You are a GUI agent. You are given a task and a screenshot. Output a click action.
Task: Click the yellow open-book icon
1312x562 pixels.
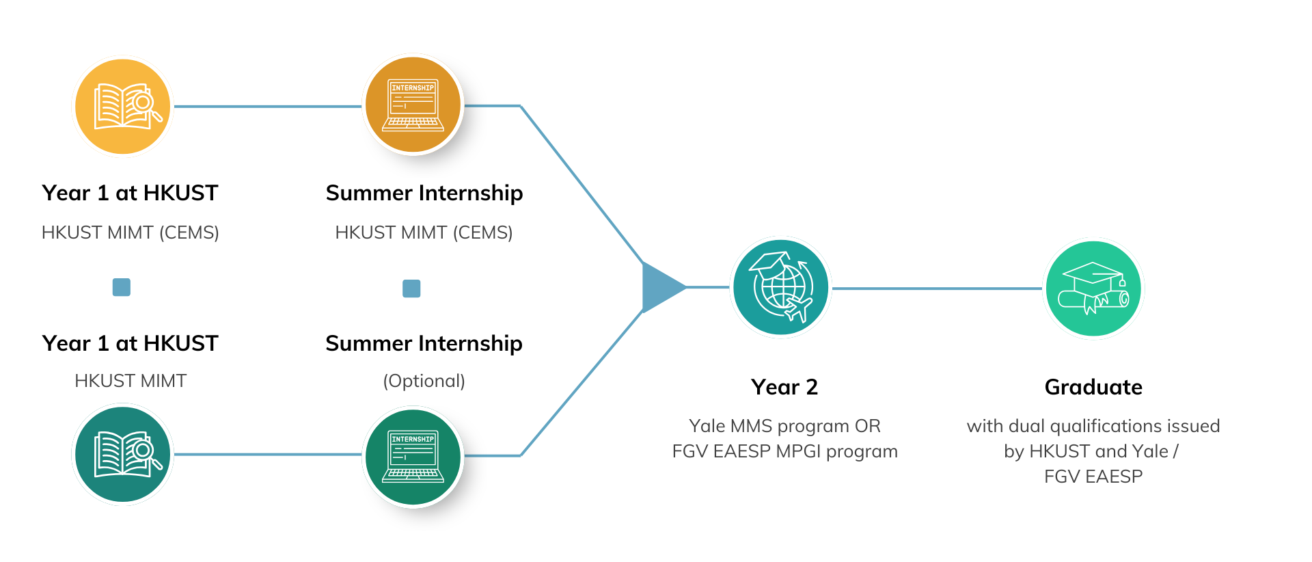(x=123, y=107)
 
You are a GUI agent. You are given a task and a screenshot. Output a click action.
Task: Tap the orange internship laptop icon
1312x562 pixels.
(x=413, y=105)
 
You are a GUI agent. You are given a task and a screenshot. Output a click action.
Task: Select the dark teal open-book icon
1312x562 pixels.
(x=123, y=454)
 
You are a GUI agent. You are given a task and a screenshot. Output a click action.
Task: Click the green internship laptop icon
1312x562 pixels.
(x=413, y=456)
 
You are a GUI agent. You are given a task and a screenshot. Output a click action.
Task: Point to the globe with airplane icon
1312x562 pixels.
(x=780, y=287)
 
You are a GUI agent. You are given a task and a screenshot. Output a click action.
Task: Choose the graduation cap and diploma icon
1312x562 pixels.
(x=1093, y=288)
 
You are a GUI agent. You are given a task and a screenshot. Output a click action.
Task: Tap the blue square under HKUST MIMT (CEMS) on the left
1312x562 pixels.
(x=122, y=287)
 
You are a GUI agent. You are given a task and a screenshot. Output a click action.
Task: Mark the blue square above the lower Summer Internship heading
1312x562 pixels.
(x=411, y=289)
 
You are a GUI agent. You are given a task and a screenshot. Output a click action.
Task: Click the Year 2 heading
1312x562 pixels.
(x=784, y=387)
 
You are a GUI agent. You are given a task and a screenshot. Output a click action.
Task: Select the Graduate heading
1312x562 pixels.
(x=1093, y=387)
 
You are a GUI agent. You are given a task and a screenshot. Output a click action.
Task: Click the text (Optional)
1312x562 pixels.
(x=424, y=381)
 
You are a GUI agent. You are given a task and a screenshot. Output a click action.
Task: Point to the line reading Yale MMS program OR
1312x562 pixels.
(x=784, y=426)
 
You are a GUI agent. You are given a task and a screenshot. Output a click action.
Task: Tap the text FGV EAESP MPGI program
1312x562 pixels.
(x=784, y=451)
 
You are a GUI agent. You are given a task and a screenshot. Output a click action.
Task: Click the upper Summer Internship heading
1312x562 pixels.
(x=424, y=193)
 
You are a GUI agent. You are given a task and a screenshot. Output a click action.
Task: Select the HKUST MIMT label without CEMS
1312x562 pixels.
(x=130, y=381)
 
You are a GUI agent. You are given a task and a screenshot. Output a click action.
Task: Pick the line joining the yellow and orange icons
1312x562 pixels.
(x=268, y=107)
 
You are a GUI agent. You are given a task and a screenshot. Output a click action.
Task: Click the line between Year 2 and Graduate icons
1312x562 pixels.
(x=936, y=289)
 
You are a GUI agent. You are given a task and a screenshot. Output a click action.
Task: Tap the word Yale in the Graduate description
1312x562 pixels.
(x=1150, y=451)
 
